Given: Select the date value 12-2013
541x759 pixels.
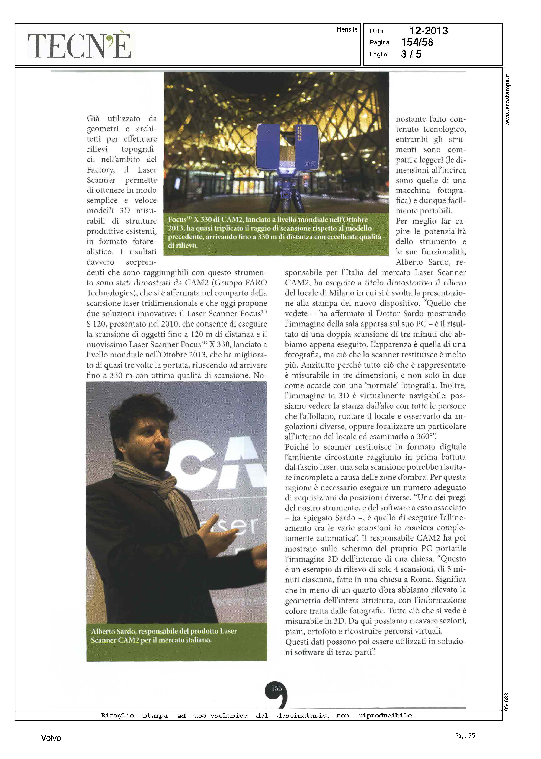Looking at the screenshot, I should (429, 31).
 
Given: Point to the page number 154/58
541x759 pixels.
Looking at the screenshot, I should (417, 42).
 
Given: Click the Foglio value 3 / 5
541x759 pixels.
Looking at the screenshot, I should (411, 54).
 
